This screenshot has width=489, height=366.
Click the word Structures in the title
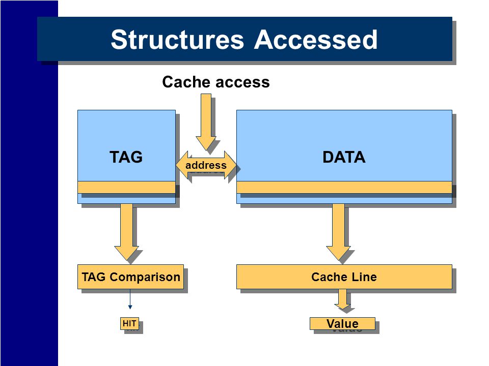pyautogui.click(x=177, y=40)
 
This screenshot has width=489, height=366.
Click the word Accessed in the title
pyautogui.click(x=316, y=40)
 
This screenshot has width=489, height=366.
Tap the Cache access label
pyautogui.click(x=216, y=82)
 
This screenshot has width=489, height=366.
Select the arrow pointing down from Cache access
pyautogui.click(x=206, y=123)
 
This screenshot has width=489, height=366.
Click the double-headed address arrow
pyautogui.click(x=206, y=165)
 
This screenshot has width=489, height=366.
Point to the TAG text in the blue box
pyautogui.click(x=126, y=157)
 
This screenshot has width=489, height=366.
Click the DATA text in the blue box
pyautogui.click(x=344, y=157)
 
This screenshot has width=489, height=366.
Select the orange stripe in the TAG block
pyautogui.click(x=126, y=187)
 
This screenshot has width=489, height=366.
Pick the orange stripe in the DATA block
pyautogui.click(x=344, y=187)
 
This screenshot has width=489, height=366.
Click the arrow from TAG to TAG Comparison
pyautogui.click(x=127, y=232)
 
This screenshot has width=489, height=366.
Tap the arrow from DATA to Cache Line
pyautogui.click(x=338, y=232)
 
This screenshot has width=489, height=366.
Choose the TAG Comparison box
pyautogui.click(x=130, y=277)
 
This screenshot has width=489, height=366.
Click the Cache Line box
pyautogui.click(x=344, y=277)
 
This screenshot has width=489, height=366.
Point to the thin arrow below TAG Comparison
pyautogui.click(x=130, y=299)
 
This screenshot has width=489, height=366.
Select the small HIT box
pyautogui.click(x=129, y=323)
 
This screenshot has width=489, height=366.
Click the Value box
pyautogui.click(x=342, y=323)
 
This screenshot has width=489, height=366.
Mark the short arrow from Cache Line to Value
pyautogui.click(x=342, y=299)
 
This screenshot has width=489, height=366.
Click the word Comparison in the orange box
pyautogui.click(x=145, y=277)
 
